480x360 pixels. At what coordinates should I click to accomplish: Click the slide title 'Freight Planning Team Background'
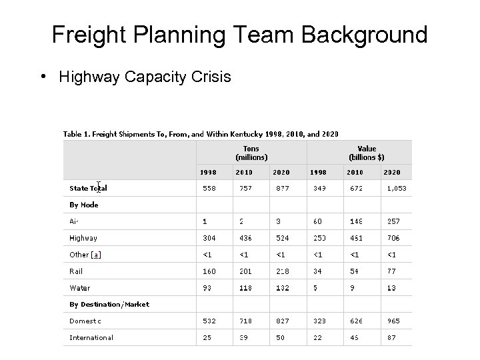pyautogui.click(x=240, y=34)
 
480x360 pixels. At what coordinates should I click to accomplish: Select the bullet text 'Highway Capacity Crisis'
pyautogui.click(x=145, y=77)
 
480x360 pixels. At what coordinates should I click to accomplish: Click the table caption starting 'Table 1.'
pyautogui.click(x=200, y=134)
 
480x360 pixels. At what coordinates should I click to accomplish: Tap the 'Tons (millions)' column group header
pyautogui.click(x=251, y=153)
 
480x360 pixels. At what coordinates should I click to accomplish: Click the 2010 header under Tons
pyautogui.click(x=243, y=173)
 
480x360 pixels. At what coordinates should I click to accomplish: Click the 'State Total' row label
pyautogui.click(x=88, y=188)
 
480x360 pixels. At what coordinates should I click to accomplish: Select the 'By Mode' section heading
pyautogui.click(x=84, y=205)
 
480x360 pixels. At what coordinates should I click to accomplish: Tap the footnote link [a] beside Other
pyautogui.click(x=97, y=255)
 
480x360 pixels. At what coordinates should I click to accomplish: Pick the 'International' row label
pyautogui.click(x=91, y=337)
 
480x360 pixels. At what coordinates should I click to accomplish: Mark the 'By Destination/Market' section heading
pyautogui.click(x=109, y=305)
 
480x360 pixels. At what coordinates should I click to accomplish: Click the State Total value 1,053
pyautogui.click(x=396, y=189)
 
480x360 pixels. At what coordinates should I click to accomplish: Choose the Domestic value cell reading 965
pyautogui.click(x=391, y=321)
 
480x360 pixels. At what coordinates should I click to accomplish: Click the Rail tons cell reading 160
pyautogui.click(x=209, y=271)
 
